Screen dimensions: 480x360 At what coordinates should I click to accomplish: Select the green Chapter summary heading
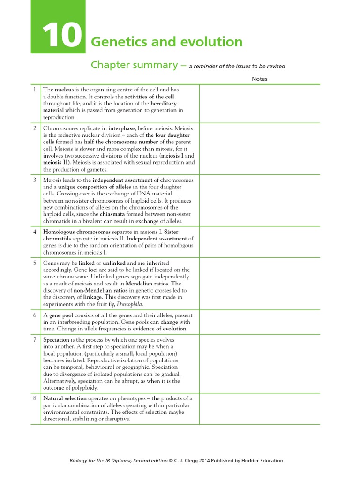coord(132,65)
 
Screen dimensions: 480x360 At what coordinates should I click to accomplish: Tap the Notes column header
coord(259,79)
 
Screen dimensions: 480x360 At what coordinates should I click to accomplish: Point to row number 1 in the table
coord(34,90)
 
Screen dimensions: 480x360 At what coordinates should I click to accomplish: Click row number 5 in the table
coord(34,263)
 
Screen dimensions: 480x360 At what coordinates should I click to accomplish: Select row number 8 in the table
coord(34,398)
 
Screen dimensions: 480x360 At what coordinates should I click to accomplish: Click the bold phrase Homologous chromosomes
coord(77,232)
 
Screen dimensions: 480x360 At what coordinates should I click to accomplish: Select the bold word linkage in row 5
coord(95,297)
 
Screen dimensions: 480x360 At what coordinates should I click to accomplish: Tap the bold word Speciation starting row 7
coord(56,340)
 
